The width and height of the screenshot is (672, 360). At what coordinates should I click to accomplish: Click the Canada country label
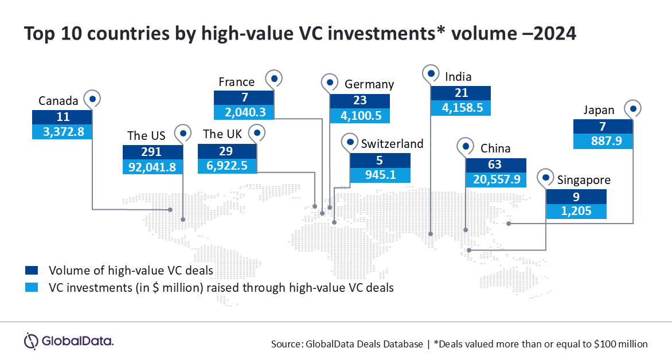coord(58,101)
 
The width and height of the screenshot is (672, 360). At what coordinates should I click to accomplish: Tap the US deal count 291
coord(151,152)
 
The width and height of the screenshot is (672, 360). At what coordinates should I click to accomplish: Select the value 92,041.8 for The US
coord(152,167)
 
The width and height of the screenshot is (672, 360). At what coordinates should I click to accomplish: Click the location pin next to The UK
coord(257,134)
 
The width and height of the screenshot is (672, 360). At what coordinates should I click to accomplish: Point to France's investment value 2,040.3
coord(245,112)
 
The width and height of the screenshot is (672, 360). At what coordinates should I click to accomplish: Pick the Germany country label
coord(369,84)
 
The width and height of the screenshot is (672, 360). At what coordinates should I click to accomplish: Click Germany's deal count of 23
coord(360,100)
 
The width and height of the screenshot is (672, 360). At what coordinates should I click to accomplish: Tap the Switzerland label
coord(392,143)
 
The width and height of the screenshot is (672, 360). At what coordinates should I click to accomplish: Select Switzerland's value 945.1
coord(381,175)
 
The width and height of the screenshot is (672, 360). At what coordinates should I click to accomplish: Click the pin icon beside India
coord(431,74)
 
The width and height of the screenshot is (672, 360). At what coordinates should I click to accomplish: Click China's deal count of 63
coord(495,165)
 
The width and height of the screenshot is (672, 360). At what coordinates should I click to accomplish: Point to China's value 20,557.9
coord(497,179)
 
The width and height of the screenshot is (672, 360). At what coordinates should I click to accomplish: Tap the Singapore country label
coord(584,180)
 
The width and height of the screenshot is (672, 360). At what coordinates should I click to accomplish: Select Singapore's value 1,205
coord(576,211)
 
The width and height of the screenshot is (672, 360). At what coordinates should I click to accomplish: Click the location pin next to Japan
coord(632,109)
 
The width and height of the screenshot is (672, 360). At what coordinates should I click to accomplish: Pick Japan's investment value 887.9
coord(607,141)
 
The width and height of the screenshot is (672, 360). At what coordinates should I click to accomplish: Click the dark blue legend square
coord(32,270)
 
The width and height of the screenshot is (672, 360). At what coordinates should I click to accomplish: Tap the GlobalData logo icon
coord(31,341)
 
